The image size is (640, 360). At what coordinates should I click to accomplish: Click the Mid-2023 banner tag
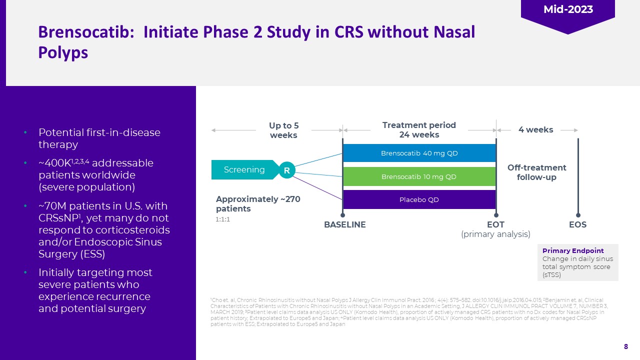pyautogui.click(x=567, y=10)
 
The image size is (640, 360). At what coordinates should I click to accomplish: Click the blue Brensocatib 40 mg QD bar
pyautogui.click(x=419, y=153)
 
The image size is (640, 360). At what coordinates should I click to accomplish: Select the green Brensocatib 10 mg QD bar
pyautogui.click(x=419, y=176)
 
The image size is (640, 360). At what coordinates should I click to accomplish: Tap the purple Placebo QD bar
pyautogui.click(x=419, y=199)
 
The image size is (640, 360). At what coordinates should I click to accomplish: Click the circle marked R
pyautogui.click(x=287, y=170)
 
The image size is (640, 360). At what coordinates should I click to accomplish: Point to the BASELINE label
pyautogui.click(x=345, y=225)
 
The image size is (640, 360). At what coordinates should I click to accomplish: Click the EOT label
pyautogui.click(x=495, y=225)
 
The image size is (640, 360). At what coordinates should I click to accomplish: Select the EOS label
pyautogui.click(x=577, y=225)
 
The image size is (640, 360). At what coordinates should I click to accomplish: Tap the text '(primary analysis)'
pyautogui.click(x=495, y=234)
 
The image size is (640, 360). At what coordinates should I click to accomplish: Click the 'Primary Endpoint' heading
pyautogui.click(x=573, y=250)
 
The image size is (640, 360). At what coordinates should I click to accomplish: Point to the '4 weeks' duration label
pyautogui.click(x=535, y=130)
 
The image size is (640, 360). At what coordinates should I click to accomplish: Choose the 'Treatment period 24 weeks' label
pyautogui.click(x=419, y=130)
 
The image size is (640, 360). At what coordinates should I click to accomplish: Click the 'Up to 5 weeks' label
pyautogui.click(x=283, y=130)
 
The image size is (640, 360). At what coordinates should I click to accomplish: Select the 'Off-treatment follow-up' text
pyautogui.click(x=536, y=172)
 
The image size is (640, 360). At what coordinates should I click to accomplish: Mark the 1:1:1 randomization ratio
pyautogui.click(x=223, y=219)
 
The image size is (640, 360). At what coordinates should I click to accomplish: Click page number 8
pyautogui.click(x=625, y=346)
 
